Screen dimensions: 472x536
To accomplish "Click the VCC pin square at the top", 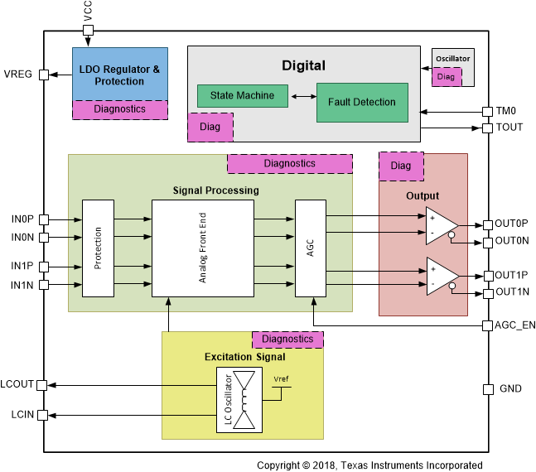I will click(x=89, y=31).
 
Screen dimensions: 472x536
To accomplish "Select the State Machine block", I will click(x=242, y=96).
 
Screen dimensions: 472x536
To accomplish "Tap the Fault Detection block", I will click(x=362, y=103).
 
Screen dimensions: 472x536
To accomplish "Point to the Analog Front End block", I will click(x=202, y=248).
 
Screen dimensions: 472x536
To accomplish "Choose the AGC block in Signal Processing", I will click(x=311, y=248).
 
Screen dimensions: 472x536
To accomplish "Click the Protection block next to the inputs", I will click(x=98, y=248).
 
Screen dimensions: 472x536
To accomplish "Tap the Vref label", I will click(x=282, y=381).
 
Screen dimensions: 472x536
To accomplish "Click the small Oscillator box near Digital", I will click(x=453, y=60).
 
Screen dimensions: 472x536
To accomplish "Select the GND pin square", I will click(x=488, y=389).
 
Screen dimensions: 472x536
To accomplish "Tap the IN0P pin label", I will click(x=23, y=219).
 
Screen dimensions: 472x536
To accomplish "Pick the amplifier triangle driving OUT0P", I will click(x=441, y=224).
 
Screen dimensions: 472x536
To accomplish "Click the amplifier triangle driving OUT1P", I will click(x=441, y=274).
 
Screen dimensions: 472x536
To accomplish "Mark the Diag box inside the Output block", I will click(x=400, y=166).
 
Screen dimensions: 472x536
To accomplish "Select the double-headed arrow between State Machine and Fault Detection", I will click(x=302, y=97).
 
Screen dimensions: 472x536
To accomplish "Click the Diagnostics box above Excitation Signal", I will click(x=287, y=340).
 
